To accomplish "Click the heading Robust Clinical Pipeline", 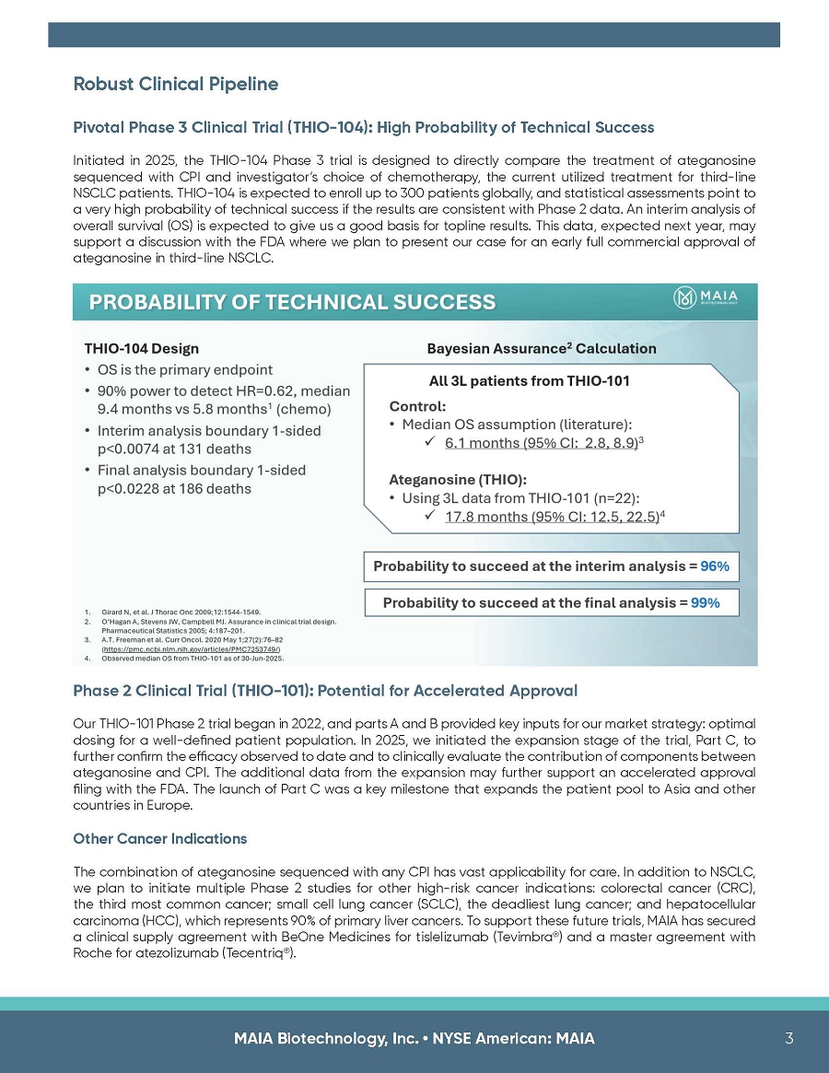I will coord(176,85).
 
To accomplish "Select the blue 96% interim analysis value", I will coord(715,566).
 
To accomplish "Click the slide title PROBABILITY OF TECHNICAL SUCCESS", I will coord(292,302).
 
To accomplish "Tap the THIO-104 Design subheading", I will coord(141,349).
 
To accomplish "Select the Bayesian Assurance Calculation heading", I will coord(542,349).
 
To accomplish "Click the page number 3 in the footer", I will coord(789,1038).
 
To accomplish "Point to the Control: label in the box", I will coord(418,405).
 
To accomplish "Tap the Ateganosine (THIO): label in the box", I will coord(458,479).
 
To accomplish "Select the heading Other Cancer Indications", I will coord(159,839).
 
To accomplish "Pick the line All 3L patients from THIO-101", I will coord(530,380).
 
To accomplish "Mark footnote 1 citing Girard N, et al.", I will coord(174,611).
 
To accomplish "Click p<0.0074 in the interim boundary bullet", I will coord(131,449).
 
